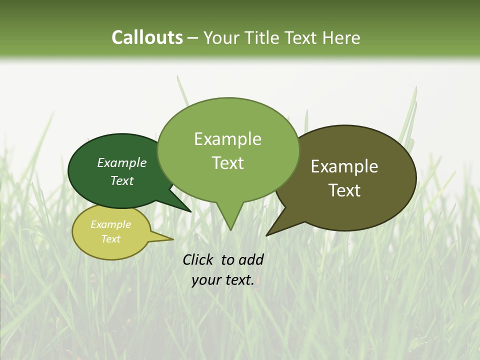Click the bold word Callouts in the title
pos(147,37)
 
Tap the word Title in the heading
pos(266,37)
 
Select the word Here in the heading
pos(342,37)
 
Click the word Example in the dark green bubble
pos(122,162)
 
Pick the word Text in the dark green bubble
pos(122,180)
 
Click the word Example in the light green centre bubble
pos(227,139)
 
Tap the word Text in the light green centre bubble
pos(227,162)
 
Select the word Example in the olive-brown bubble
pos(344,166)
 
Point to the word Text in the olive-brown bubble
pos(344,190)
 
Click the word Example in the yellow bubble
pos(110,224)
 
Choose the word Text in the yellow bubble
pos(110,239)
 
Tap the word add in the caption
pos(251,259)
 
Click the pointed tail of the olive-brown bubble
pos(268,233)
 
